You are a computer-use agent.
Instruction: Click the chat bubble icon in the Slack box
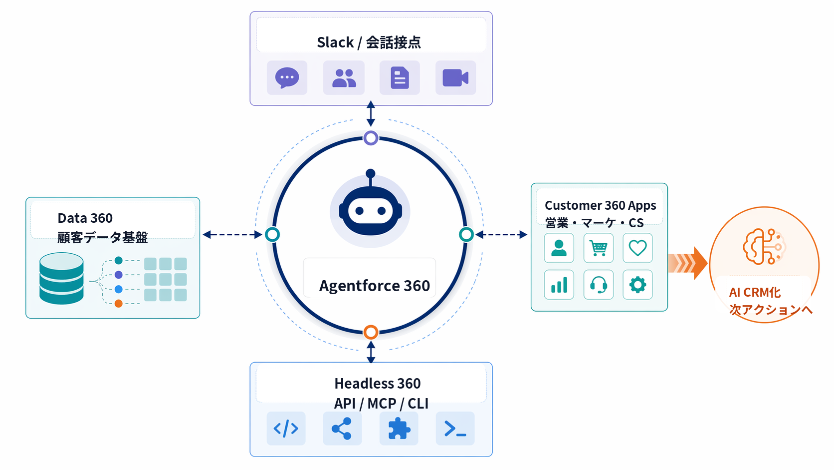coord(287,78)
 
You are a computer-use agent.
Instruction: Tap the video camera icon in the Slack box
coord(455,78)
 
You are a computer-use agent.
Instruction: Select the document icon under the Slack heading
coord(400,78)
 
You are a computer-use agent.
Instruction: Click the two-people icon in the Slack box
coord(344,78)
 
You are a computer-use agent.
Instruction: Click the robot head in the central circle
coord(370,210)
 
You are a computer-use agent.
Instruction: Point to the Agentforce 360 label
coord(374,286)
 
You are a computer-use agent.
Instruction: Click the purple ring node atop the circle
coord(371,138)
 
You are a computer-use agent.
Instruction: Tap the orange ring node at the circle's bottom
coord(371,332)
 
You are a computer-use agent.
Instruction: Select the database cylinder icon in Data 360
coord(61,278)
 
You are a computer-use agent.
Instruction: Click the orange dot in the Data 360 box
coord(118,303)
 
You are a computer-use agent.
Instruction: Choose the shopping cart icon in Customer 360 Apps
coord(598,248)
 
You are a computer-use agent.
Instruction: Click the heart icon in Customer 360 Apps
coord(637,248)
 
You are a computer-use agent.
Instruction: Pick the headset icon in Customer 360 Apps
coord(598,285)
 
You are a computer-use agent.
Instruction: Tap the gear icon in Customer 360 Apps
coord(637,285)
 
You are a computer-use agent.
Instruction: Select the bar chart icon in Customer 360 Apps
coord(559,285)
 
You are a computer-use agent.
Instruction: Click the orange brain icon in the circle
coord(763,246)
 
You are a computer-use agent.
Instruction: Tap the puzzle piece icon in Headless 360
coord(399,429)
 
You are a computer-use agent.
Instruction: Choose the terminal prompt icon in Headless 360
coord(455,429)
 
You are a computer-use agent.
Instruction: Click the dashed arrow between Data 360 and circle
coord(232,234)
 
